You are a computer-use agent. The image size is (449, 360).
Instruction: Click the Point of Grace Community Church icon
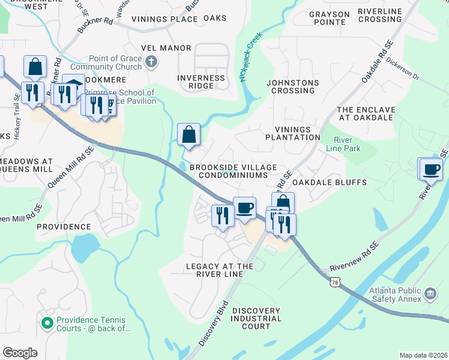(152, 61)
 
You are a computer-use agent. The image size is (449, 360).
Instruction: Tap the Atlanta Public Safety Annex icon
(430, 293)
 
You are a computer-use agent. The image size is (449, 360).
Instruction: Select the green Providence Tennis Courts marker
(47, 323)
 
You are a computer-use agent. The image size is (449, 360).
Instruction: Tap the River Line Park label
(343, 143)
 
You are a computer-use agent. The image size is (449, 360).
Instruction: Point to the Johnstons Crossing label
(293, 86)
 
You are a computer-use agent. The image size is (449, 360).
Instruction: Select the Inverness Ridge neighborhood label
(201, 82)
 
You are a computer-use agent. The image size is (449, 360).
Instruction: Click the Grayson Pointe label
(327, 18)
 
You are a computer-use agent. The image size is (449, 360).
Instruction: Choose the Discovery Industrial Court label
(256, 318)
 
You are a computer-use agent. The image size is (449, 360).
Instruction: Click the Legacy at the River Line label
(215, 269)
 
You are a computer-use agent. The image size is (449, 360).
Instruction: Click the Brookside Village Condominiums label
(233, 171)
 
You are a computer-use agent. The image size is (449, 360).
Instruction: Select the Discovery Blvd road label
(214, 324)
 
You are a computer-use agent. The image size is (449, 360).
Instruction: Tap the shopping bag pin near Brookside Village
(189, 136)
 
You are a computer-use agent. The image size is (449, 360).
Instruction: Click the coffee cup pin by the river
(431, 169)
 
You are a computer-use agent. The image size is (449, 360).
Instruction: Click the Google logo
(20, 353)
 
